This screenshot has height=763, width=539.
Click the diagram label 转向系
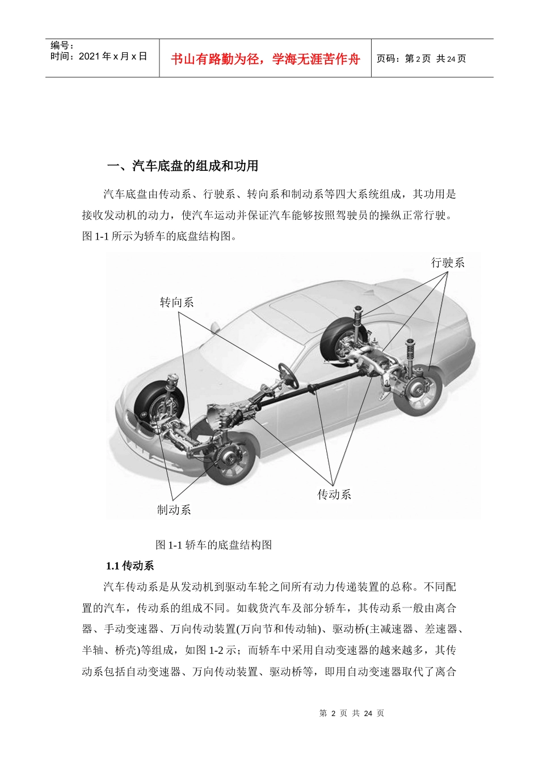tap(177, 303)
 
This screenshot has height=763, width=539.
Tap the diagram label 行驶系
tap(448, 263)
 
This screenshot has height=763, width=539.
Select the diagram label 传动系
tap(334, 494)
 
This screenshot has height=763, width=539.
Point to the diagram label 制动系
tap(174, 510)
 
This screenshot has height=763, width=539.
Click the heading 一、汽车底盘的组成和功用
tap(183, 166)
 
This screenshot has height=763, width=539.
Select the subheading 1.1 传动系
tap(130, 565)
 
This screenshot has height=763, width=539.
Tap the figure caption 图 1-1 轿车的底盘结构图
tap(214, 545)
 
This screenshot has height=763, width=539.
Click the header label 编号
tap(62, 45)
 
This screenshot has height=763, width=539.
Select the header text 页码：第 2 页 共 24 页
tap(421, 58)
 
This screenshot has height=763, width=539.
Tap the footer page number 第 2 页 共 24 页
tap(352, 713)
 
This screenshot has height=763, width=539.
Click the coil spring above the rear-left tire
tap(358, 316)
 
